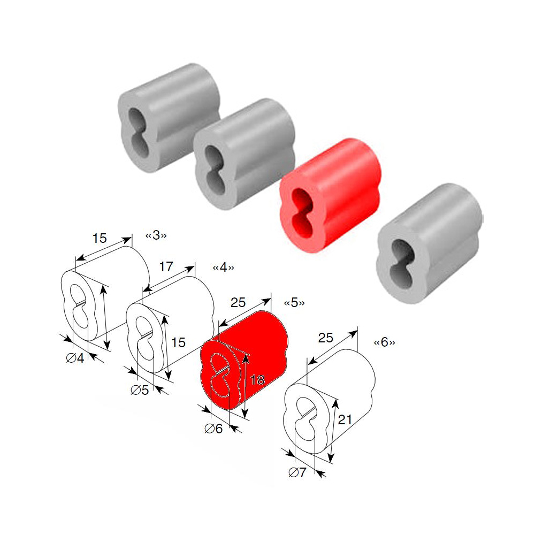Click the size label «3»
point(156,235)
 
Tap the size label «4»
point(224,267)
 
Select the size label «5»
point(294,303)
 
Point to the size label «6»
point(385,342)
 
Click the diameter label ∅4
point(75,358)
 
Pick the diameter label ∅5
point(140,390)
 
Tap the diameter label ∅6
point(213,429)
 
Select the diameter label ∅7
point(297,472)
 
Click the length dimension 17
point(166,266)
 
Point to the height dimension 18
point(257,380)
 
